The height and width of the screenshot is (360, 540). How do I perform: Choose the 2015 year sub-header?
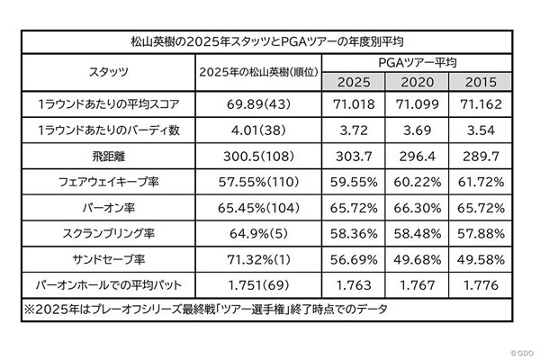coord(477,82)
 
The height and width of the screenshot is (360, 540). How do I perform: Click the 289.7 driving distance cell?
coord(477,155)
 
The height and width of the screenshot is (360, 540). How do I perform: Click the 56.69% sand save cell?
coord(355,259)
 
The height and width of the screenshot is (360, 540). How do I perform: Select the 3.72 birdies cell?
coord(355,130)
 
